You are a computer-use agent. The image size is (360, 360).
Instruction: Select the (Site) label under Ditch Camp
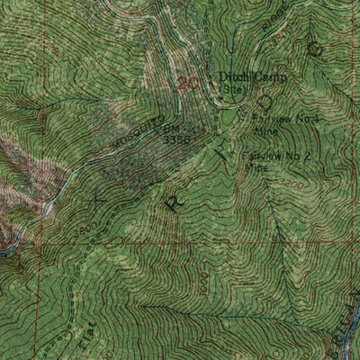[x=234, y=90]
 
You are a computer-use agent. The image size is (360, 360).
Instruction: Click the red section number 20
[x=188, y=83]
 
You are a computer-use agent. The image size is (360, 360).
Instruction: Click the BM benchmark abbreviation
[x=170, y=128]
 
